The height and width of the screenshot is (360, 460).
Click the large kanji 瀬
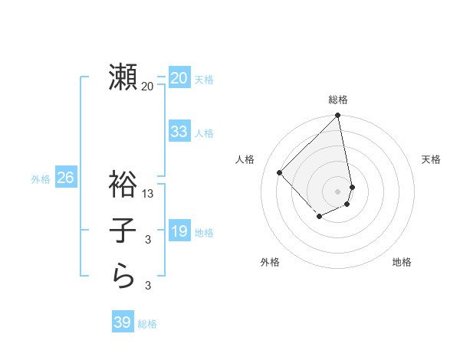pyautogui.click(x=123, y=77)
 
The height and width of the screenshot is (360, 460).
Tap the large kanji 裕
pyautogui.click(x=123, y=185)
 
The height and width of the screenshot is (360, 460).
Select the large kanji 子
pyautogui.click(x=123, y=231)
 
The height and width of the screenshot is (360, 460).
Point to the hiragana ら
pyautogui.click(x=123, y=277)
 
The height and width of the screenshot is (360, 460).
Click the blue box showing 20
pyautogui.click(x=179, y=77)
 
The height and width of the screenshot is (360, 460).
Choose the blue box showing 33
pyautogui.click(x=179, y=131)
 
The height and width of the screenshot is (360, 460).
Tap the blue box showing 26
pyautogui.click(x=65, y=178)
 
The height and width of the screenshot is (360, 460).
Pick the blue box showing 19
pyautogui.click(x=179, y=231)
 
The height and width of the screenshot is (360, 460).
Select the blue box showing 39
pyautogui.click(x=122, y=322)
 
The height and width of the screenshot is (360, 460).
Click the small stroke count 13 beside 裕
pyautogui.click(x=148, y=194)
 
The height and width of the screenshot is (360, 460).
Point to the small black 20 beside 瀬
pyautogui.click(x=147, y=87)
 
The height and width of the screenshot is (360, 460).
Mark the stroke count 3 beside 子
pyautogui.click(x=148, y=241)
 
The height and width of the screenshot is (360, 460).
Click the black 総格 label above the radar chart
pyautogui.click(x=338, y=100)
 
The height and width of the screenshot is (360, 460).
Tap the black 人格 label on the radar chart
pyautogui.click(x=245, y=159)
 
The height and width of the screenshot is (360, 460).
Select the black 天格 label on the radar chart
pyautogui.click(x=431, y=159)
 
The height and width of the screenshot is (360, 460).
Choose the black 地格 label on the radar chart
pyautogui.click(x=402, y=262)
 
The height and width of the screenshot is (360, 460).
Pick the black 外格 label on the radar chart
pyautogui.click(x=270, y=262)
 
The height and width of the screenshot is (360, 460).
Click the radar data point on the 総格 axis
pyautogui.click(x=337, y=116)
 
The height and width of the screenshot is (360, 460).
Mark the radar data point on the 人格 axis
pyautogui.click(x=280, y=172)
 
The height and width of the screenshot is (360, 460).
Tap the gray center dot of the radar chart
pyautogui.click(x=337, y=191)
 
